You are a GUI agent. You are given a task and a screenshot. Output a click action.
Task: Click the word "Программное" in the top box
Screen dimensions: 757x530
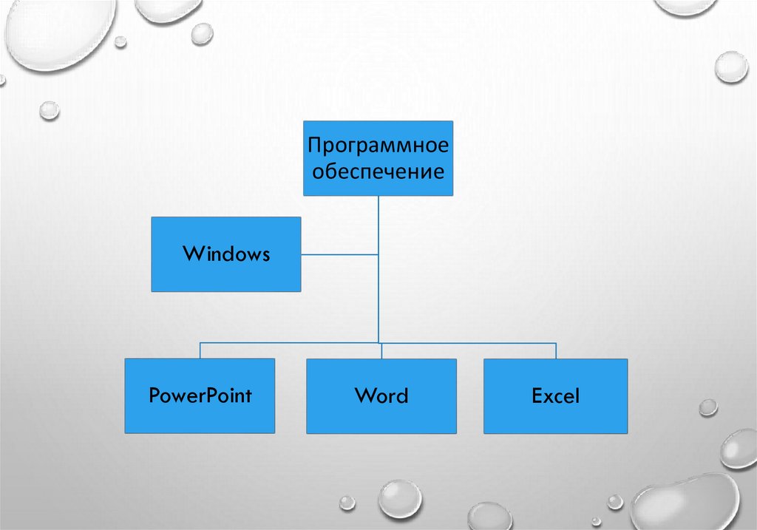[x=378, y=145]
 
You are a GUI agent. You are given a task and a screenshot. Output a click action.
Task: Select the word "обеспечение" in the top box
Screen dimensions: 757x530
[x=378, y=172]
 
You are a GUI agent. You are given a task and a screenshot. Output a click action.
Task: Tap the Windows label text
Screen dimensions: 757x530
[x=226, y=254]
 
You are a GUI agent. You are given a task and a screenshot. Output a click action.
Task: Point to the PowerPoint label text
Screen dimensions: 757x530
[x=200, y=395]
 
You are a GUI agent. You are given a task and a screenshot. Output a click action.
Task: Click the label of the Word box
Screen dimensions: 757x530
[x=381, y=395]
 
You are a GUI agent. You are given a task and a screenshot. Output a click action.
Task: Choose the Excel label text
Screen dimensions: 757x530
[x=556, y=395]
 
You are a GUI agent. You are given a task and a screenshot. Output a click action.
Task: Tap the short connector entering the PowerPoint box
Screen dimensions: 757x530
[x=200, y=350]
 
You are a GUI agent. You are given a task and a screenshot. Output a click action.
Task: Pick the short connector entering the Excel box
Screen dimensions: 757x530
[x=556, y=350]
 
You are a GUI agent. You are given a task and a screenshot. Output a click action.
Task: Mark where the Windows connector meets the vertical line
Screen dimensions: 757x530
[x=378, y=254]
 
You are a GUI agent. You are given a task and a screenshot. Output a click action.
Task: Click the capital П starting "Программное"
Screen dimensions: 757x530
[x=315, y=144]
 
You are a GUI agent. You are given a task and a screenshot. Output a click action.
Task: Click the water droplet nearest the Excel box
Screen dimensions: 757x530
[x=708, y=407]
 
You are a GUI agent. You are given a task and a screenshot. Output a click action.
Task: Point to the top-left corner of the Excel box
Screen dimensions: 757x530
[x=484, y=359]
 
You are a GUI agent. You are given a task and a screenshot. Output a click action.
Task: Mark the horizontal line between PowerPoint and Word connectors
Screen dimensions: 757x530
[x=288, y=343]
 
